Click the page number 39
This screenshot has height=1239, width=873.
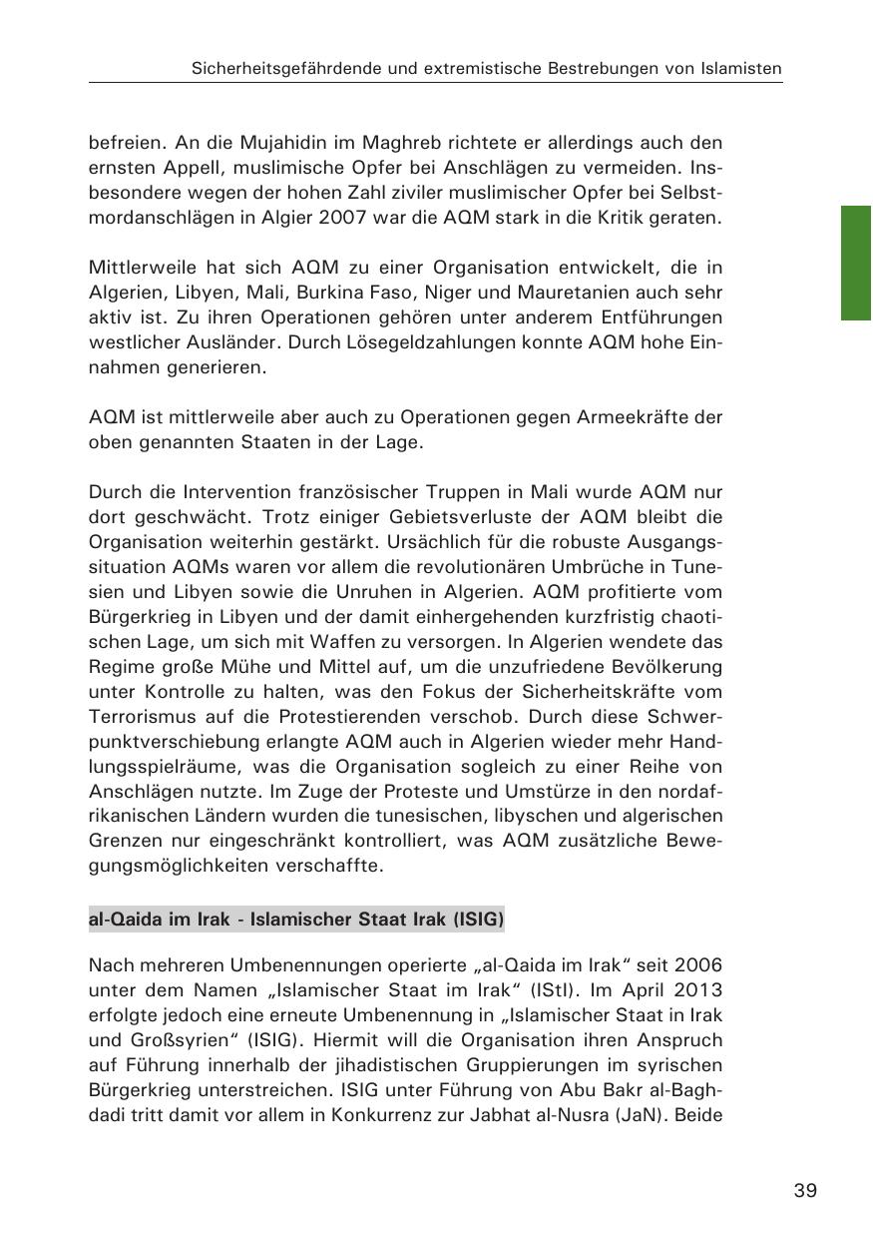pyautogui.click(x=805, y=1190)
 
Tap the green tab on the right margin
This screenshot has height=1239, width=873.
pyautogui.click(x=856, y=263)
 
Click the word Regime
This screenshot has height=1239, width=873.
pyautogui.click(x=119, y=666)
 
